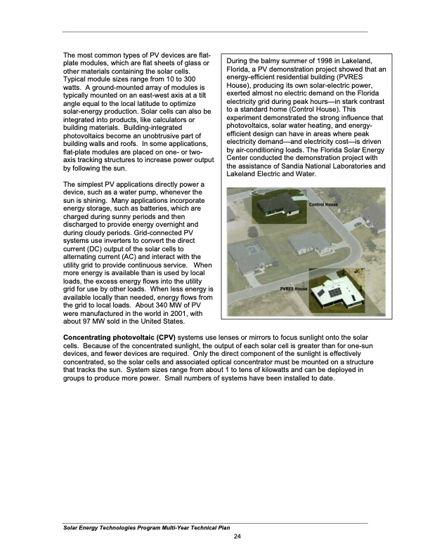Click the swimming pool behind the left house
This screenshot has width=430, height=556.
pyautogui.click(x=251, y=249)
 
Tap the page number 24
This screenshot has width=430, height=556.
pyautogui.click(x=237, y=537)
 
